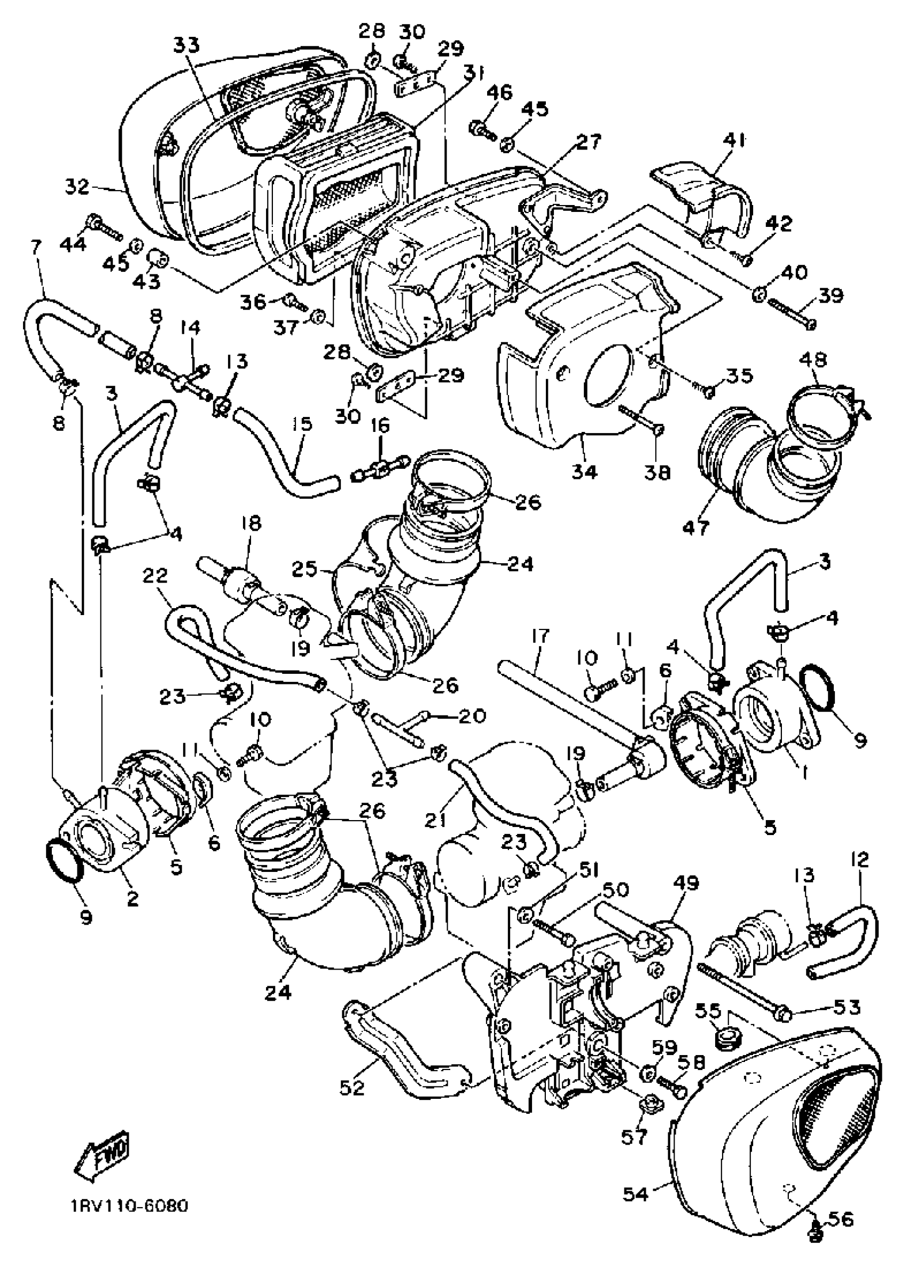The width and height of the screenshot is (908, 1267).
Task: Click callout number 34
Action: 584,472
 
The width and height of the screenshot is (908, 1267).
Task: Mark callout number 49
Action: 686,883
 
